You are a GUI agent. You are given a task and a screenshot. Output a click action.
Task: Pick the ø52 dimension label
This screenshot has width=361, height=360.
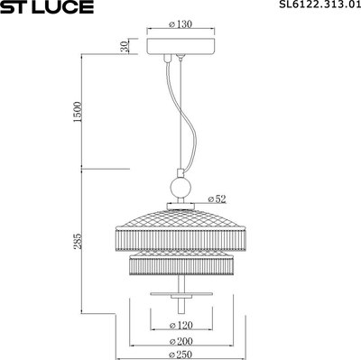coord(217,197)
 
